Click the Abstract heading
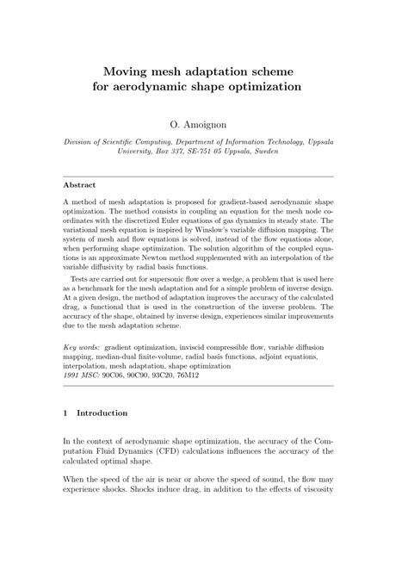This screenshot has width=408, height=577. click(79, 185)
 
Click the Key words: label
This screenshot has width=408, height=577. click(82, 345)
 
